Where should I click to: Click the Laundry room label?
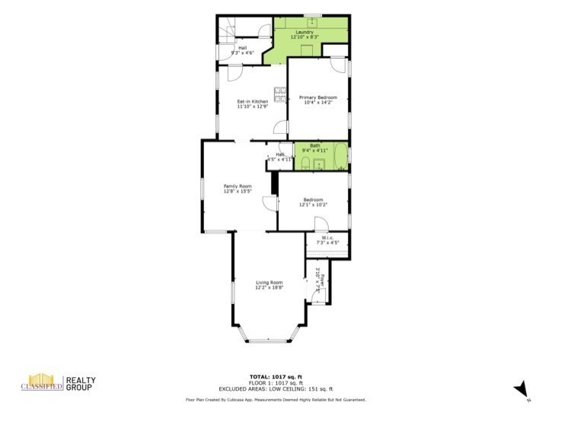coord(306,32)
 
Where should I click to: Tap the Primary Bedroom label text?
coord(317,97)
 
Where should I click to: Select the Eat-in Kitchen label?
coord(252,102)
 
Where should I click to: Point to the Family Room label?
coord(237,187)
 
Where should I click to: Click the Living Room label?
coord(269,283)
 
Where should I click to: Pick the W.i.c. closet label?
coord(328,238)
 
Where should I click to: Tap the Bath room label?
coord(314,145)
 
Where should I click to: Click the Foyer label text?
coord(321,276)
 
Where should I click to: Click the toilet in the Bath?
coord(300,161)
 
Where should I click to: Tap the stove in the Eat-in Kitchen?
coord(281,95)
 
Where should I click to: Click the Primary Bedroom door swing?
coord(337,66)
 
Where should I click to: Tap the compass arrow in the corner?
coord(521,389)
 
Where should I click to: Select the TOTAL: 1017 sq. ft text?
coord(276,375)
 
